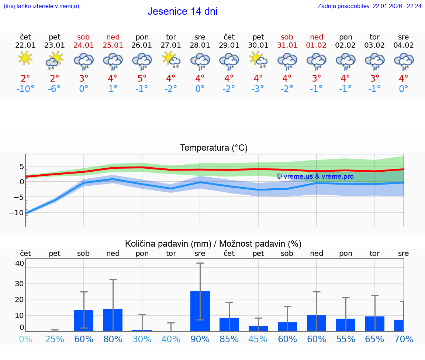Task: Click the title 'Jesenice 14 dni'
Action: (x=182, y=11)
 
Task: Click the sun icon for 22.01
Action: (x=25, y=58)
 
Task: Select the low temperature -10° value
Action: (x=25, y=89)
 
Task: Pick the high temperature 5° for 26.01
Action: (x=142, y=78)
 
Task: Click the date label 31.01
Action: (x=287, y=45)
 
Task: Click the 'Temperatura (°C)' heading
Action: (x=214, y=148)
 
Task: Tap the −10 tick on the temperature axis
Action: (x=17, y=212)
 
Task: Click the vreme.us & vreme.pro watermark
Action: (x=315, y=176)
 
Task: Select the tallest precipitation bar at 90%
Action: (x=200, y=311)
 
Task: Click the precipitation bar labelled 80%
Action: (x=113, y=320)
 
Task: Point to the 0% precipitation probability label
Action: (x=25, y=339)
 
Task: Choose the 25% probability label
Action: (x=55, y=339)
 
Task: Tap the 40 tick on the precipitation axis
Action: (x=20, y=263)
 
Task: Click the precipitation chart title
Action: (x=213, y=244)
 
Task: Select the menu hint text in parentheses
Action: (x=41, y=6)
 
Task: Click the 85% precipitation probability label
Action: (x=229, y=339)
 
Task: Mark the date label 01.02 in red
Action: (x=316, y=45)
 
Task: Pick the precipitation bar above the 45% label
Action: (x=258, y=328)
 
